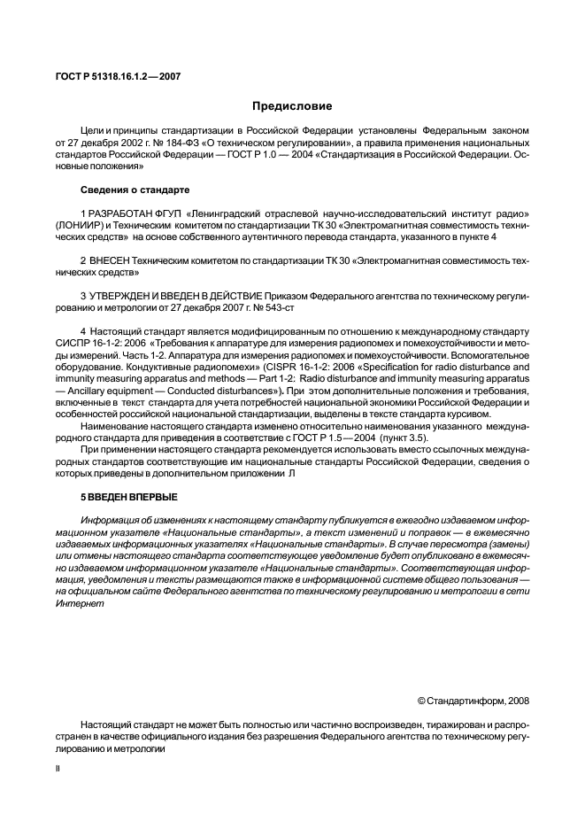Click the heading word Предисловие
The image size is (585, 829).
click(x=292, y=106)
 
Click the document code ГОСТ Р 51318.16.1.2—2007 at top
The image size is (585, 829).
click(x=119, y=74)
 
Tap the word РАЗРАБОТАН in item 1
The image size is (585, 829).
click(x=118, y=214)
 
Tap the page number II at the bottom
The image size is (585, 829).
click(x=58, y=769)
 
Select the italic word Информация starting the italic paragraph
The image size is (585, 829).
click(x=110, y=519)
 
